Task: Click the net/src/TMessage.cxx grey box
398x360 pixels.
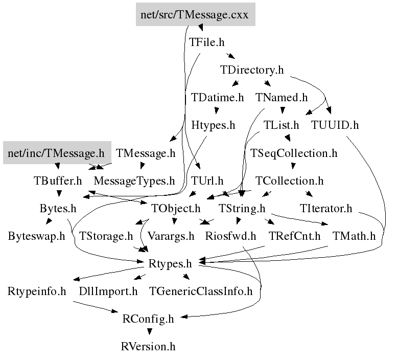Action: point(195,14)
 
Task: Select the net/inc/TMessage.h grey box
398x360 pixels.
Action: point(57,153)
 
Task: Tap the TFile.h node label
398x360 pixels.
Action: point(207,42)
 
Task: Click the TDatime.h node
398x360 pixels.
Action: point(217,97)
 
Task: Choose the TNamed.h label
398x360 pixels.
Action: point(282,97)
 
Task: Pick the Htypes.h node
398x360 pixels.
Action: point(213,125)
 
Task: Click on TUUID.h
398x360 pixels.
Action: point(335,125)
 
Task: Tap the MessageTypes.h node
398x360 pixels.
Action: point(134,181)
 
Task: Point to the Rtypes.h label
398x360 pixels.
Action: point(170,264)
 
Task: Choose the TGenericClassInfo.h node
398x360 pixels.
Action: point(201,291)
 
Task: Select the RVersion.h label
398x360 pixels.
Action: point(148,347)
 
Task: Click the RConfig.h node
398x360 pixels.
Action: point(148,319)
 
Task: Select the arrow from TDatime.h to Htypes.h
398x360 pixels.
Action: point(217,111)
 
